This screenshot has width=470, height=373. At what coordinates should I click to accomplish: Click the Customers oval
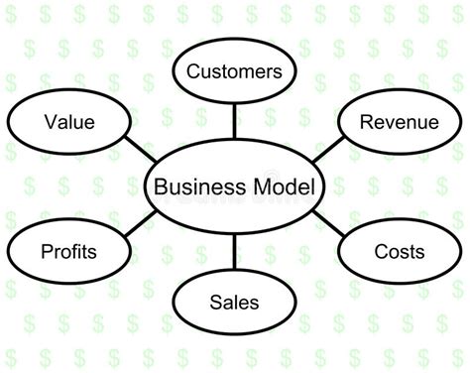[234, 70]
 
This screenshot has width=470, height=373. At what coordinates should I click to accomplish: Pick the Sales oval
[234, 302]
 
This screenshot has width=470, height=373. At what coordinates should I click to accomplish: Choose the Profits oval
[69, 251]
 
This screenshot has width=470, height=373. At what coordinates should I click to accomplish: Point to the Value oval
[69, 123]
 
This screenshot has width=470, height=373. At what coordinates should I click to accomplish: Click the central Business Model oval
[234, 186]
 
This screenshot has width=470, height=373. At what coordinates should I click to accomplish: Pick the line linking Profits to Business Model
[140, 223]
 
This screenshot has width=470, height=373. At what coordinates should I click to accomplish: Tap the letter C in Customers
[192, 71]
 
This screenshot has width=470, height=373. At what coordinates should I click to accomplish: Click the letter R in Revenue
[365, 123]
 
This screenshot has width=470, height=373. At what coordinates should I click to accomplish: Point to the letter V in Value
[50, 123]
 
